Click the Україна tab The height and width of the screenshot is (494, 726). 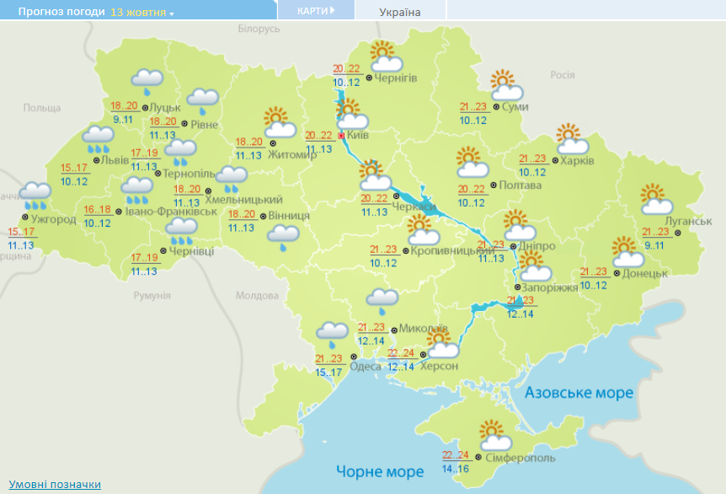point(400,12)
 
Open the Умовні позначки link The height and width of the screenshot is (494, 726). point(55,484)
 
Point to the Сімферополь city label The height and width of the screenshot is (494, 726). point(520,457)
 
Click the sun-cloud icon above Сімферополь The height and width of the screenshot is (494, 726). point(495,435)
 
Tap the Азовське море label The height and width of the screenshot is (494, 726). point(579,393)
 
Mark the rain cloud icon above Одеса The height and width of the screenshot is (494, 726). point(331,334)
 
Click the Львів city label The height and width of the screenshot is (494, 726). point(115,161)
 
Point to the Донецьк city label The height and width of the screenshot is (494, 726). point(646,273)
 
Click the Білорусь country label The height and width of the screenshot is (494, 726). point(259,30)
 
